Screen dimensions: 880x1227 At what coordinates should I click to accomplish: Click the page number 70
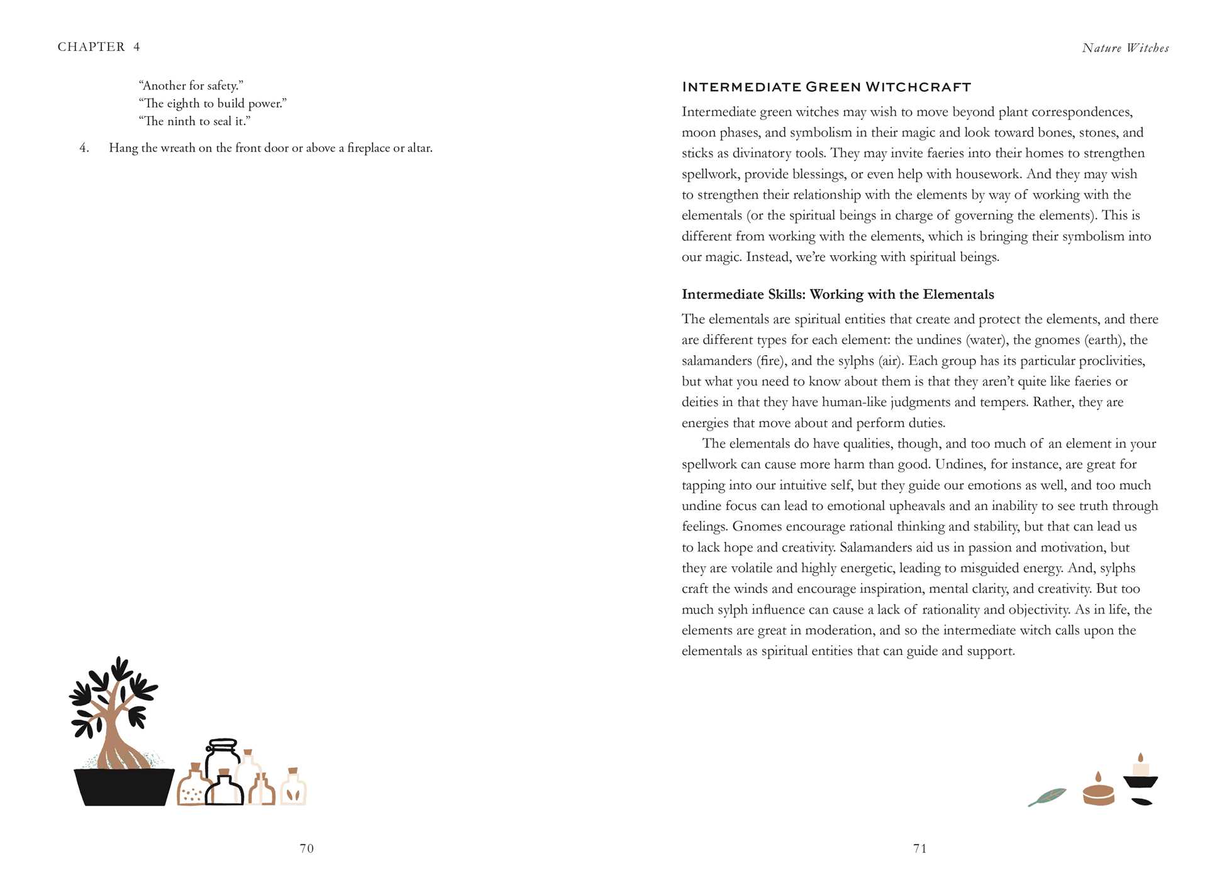click(306, 849)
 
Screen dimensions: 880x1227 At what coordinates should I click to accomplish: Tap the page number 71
click(919, 849)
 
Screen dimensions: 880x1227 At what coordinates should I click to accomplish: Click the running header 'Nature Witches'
click(1125, 48)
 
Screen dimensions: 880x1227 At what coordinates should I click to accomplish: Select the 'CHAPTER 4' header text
click(99, 47)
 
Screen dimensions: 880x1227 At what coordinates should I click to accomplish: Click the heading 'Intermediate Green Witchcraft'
click(826, 87)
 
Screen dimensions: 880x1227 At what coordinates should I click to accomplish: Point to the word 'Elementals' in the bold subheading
click(958, 294)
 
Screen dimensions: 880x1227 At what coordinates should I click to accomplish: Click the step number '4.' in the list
click(84, 148)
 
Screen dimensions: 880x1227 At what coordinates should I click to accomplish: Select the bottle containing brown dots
click(191, 789)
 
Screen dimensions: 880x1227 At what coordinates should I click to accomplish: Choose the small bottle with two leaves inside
click(293, 790)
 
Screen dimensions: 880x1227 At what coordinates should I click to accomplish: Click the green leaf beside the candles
click(1048, 797)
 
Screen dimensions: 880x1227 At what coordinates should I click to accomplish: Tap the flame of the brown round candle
click(1098, 777)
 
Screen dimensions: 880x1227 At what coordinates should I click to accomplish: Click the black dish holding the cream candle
click(1140, 783)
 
